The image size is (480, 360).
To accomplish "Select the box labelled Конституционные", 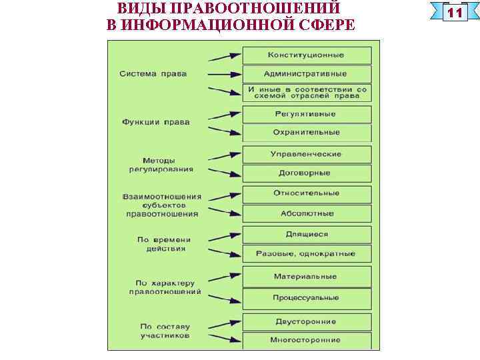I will pos(306,55).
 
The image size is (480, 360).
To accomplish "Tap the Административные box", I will pos(306,73).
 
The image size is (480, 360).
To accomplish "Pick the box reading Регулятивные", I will pos(306,114).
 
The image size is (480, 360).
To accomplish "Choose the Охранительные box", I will pos(306,132).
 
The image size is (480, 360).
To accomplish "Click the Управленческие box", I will pos(306,154).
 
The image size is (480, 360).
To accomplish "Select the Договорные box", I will pos(306,173).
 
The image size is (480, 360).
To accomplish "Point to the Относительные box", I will pos(306,193).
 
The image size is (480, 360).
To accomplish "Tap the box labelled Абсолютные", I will pos(306,213).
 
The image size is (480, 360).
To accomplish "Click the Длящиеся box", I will pos(306,234).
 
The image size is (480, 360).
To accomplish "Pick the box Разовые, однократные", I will pos(306,253).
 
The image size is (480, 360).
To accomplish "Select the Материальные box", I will pos(306,276).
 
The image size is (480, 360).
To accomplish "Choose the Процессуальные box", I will pos(306,297).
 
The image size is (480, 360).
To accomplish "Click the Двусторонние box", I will pos(306,321).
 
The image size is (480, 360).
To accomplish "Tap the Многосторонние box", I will pos(306,340).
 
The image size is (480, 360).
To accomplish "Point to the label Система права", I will pos(153,73).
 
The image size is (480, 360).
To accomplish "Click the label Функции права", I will pos(156,122).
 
